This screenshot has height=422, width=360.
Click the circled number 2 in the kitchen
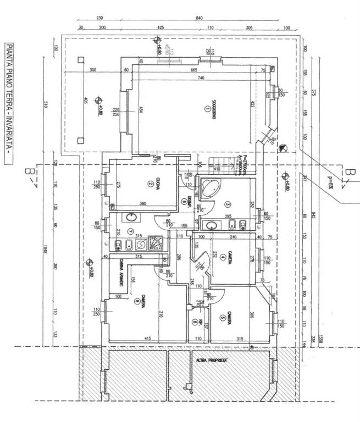pyautogui.click(x=149, y=184)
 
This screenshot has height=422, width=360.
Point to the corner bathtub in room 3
pyautogui.click(x=209, y=188)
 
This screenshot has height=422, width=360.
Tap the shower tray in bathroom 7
pyautogui.click(x=156, y=243)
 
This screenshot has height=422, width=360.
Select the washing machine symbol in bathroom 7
pyautogui.click(x=140, y=243)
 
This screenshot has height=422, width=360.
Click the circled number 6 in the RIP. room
pyautogui.click(x=195, y=323)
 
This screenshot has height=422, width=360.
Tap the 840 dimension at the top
pyautogui.click(x=198, y=18)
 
